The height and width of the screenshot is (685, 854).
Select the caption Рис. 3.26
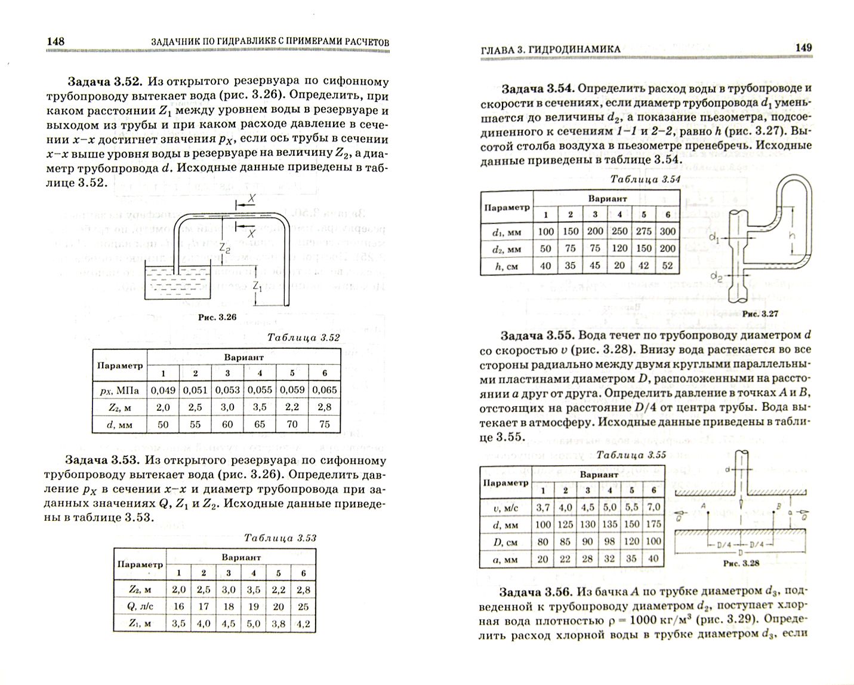click(x=217, y=318)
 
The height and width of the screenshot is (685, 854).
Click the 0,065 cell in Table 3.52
click(x=324, y=390)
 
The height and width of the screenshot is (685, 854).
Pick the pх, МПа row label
click(x=119, y=390)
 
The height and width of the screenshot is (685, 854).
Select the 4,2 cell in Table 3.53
click(x=303, y=623)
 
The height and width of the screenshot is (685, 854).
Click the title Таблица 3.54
click(x=646, y=179)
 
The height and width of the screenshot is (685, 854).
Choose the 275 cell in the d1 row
click(x=643, y=231)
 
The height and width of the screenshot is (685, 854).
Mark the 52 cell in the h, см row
click(x=668, y=266)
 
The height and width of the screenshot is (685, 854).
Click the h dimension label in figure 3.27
click(x=792, y=235)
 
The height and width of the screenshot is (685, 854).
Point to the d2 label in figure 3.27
click(x=716, y=275)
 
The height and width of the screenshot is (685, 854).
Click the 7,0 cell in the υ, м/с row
click(x=653, y=507)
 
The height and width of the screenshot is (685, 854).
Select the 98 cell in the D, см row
click(x=609, y=542)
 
